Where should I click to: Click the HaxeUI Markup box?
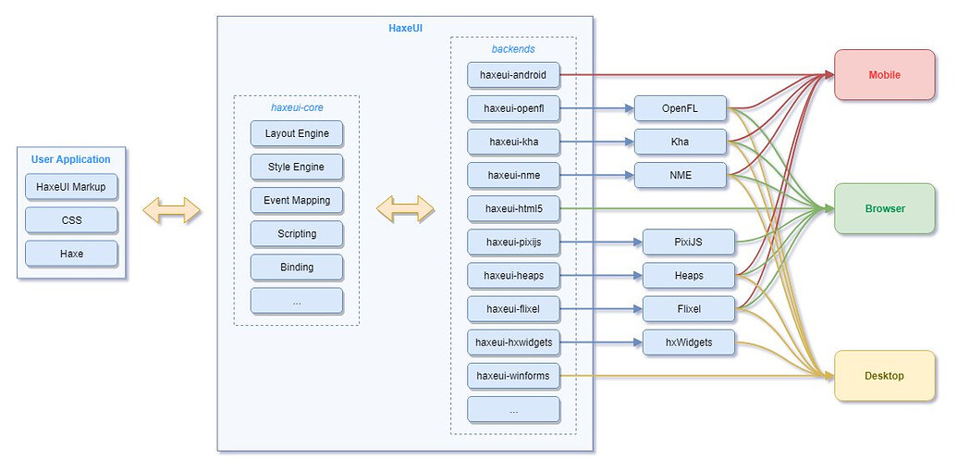point(71,187)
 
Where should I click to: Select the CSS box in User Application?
point(71,220)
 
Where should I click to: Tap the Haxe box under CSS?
point(71,253)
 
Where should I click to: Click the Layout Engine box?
point(296,134)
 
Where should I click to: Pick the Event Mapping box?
point(296,201)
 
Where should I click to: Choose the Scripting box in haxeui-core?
point(296,234)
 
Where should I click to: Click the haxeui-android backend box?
point(513,75)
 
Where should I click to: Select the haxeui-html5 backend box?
point(513,209)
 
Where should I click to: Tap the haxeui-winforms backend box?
point(513,376)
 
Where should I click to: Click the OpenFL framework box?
point(680,109)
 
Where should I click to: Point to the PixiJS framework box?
point(689,243)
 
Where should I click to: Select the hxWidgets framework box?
point(689,342)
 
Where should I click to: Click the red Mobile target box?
point(884,75)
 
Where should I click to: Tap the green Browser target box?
point(884,209)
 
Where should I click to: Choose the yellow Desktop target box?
point(884,376)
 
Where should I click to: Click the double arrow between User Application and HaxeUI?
point(172,209)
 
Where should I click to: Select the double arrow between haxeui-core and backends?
point(405,209)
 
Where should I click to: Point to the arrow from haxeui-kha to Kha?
point(596,143)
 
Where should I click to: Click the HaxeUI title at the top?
point(405,29)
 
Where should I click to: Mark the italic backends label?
point(513,48)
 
